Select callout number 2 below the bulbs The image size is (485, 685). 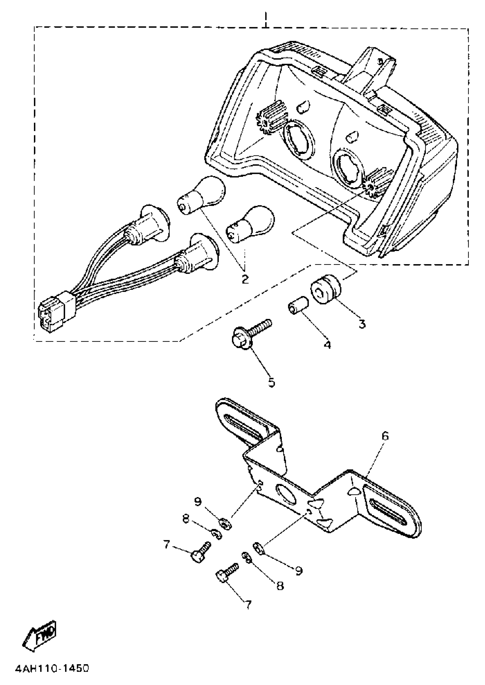coord(244,279)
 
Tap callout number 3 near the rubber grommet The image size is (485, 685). coord(362,324)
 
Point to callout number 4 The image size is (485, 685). coord(328,345)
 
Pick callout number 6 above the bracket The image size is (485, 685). coord(385,437)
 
